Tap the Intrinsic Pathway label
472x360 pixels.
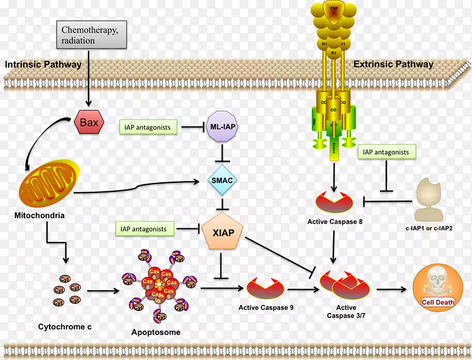coord(43,64)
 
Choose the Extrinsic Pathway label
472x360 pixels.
coord(394,64)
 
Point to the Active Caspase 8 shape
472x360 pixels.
coord(334,201)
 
